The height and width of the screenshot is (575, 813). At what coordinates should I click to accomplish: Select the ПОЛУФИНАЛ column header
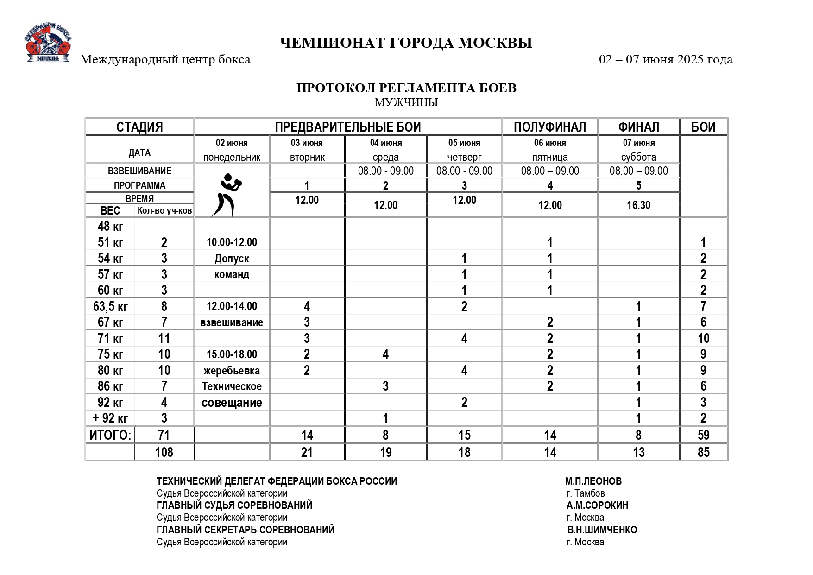pos(549,127)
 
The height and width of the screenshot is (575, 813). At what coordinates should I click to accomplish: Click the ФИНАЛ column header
pos(638,127)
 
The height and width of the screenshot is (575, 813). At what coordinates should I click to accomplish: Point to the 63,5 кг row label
pos(110,306)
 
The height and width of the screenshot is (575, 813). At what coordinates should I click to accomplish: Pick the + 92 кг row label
pos(110,418)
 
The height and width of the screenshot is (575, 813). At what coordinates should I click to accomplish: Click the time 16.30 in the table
pos(638,205)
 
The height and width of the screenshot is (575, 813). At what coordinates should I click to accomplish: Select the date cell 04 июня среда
pos(385,150)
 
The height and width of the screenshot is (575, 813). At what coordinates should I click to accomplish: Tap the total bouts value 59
pos(703,435)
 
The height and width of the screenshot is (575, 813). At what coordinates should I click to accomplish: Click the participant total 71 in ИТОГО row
pos(164,435)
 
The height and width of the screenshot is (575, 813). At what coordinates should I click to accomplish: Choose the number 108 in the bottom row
pos(164,452)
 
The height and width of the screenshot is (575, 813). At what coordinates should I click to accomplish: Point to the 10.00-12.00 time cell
pos(232,242)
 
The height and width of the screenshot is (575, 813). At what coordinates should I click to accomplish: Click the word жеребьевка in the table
pos(232,371)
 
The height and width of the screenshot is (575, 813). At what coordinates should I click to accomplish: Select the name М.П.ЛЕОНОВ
pos(593,481)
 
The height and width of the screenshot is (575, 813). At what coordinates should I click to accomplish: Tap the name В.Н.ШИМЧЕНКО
pos(602,530)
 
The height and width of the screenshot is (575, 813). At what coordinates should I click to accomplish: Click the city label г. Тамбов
pos(585,493)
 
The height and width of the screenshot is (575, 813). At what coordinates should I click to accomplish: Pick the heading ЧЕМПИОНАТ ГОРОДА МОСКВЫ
pos(406,43)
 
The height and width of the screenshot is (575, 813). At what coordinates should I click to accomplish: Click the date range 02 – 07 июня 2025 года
pos(665,60)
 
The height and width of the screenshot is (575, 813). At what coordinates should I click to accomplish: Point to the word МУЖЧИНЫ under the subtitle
pos(406,102)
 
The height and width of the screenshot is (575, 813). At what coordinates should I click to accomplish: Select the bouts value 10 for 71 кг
pos(703,339)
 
